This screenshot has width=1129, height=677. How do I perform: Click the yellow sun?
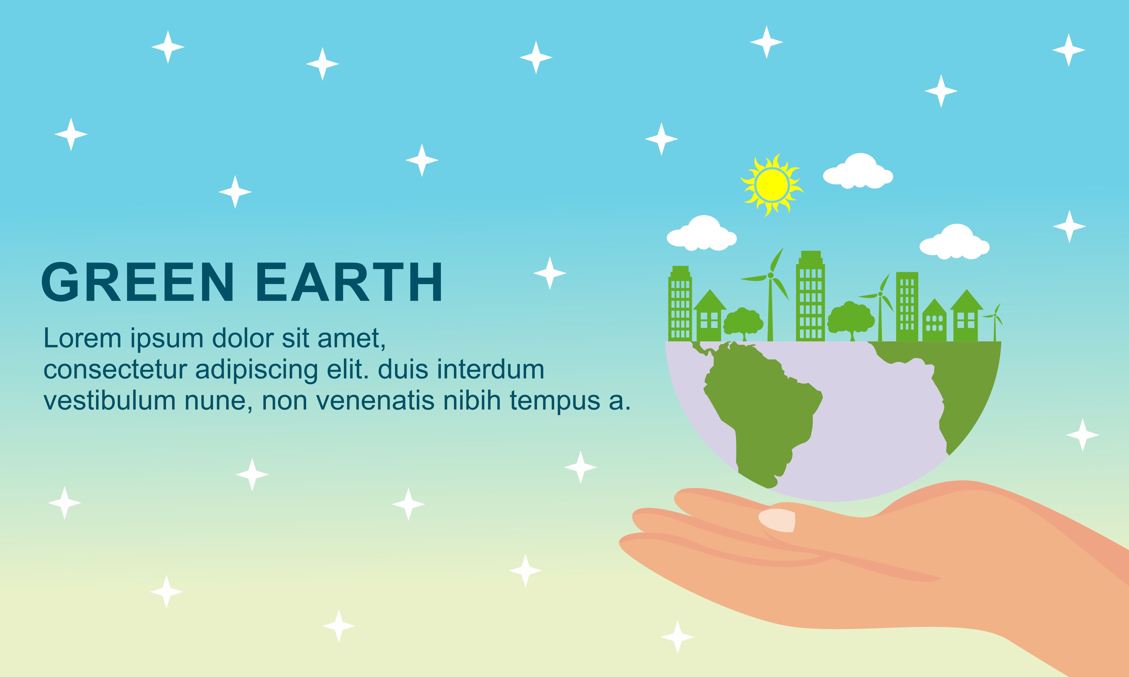click(x=772, y=184)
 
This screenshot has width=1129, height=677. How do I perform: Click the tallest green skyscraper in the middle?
click(x=810, y=296)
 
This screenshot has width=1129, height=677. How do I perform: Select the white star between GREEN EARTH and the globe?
click(x=550, y=273)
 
